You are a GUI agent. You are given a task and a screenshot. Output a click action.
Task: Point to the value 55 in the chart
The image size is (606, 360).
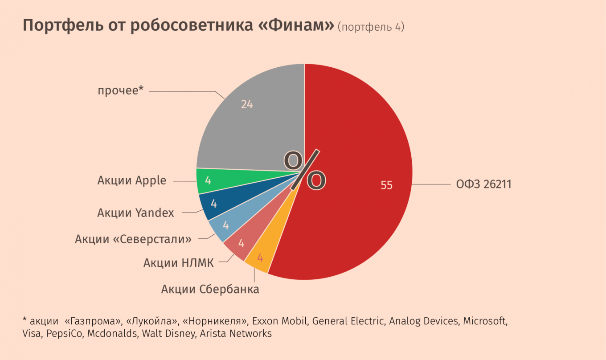pyautogui.click(x=387, y=185)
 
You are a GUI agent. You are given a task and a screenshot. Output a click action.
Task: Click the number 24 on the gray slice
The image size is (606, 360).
pyautogui.click(x=247, y=104)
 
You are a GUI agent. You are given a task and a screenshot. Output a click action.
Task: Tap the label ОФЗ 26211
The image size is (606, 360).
pyautogui.click(x=483, y=184)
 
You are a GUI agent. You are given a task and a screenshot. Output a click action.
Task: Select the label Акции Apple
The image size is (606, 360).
pyautogui.click(x=132, y=180)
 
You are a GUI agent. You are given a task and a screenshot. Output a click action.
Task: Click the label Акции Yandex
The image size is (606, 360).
pyautogui.click(x=135, y=213)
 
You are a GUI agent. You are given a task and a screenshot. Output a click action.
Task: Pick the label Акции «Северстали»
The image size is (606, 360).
pyautogui.click(x=133, y=239)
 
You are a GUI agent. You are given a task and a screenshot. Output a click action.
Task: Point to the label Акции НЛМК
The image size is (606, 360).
pyautogui.click(x=178, y=263)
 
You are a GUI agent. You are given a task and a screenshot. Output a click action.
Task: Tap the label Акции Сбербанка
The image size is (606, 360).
pyautogui.click(x=210, y=289)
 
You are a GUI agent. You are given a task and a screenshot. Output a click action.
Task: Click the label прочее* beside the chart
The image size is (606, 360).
pyautogui.click(x=121, y=90)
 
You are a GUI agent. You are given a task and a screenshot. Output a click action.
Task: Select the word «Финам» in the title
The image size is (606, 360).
pyautogui.click(x=296, y=26)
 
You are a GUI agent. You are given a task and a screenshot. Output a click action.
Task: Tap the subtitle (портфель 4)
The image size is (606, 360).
pyautogui.click(x=371, y=27)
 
